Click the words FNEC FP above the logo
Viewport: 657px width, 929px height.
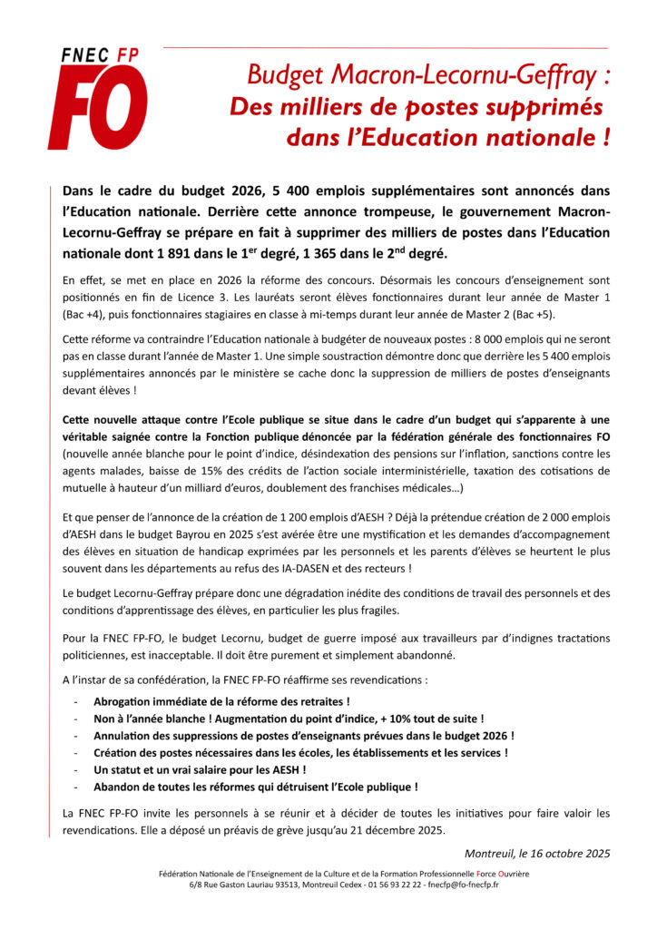(x=99, y=55)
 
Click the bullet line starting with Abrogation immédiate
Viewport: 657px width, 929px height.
(x=221, y=701)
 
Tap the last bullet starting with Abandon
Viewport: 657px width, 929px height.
(x=255, y=787)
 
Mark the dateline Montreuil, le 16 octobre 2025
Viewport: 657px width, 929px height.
(x=536, y=853)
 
